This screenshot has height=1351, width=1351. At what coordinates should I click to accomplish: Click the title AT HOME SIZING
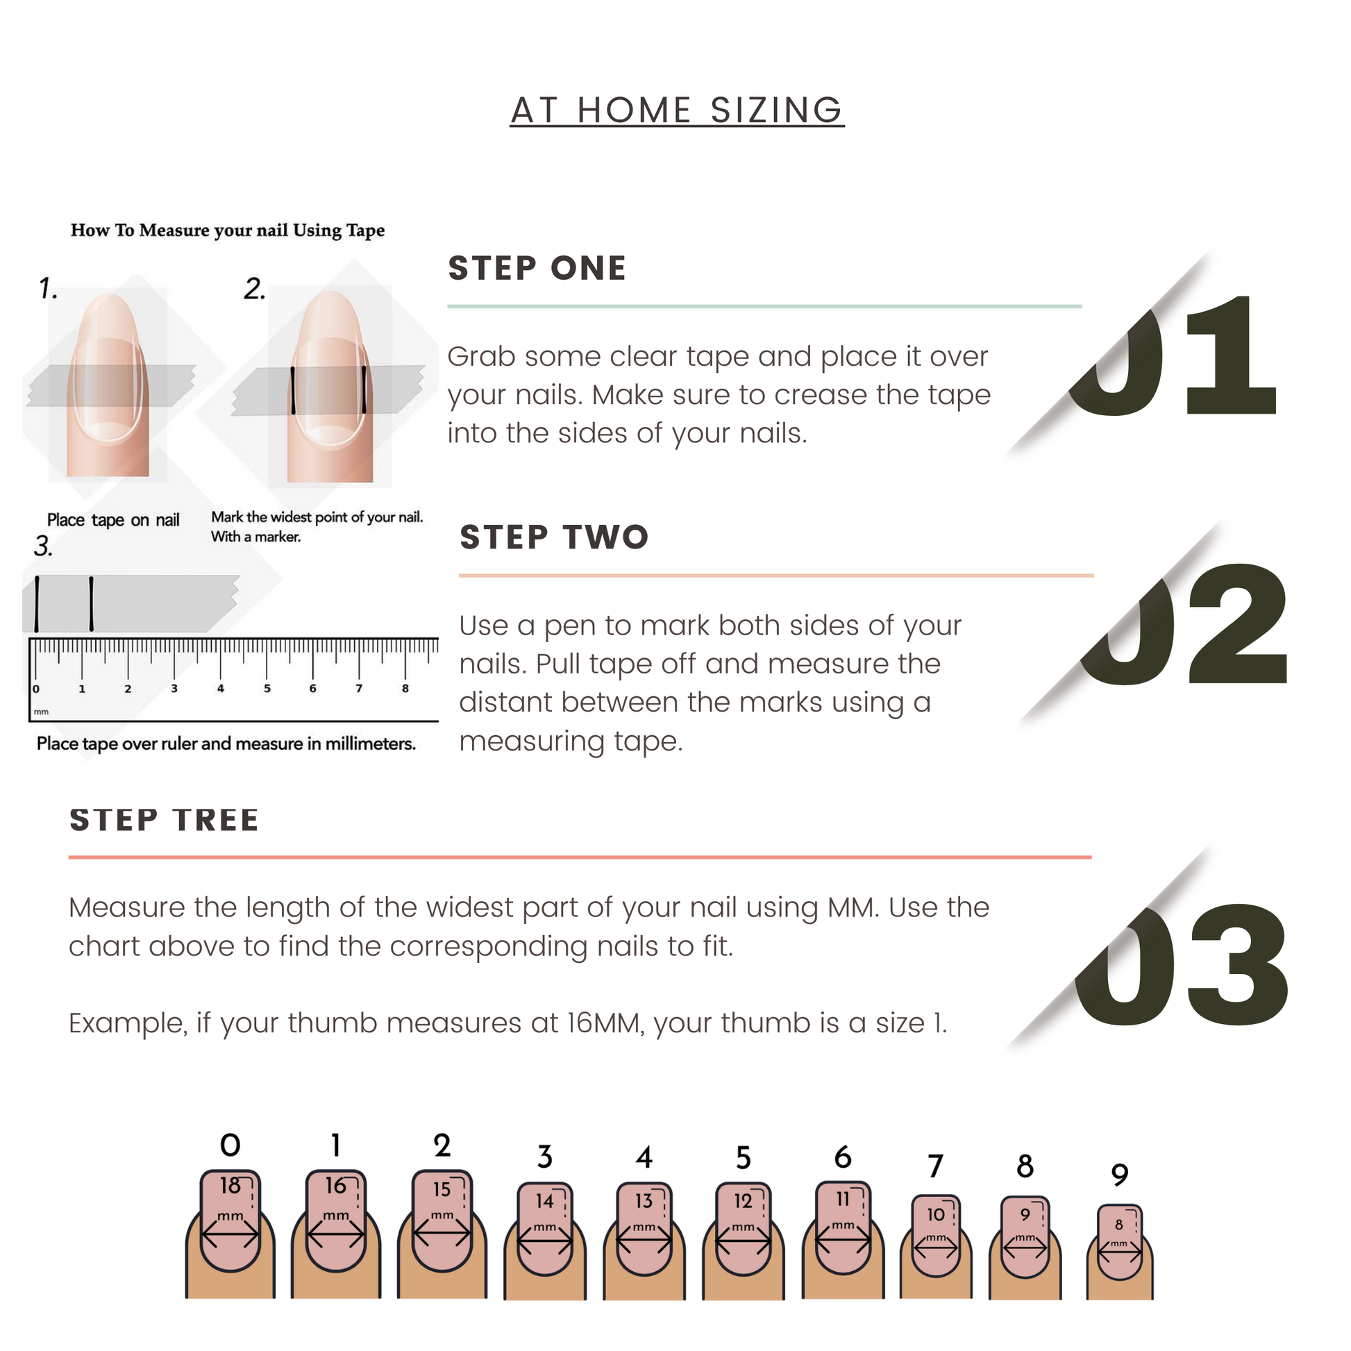click(677, 110)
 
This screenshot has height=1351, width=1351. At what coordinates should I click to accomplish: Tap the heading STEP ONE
click(537, 269)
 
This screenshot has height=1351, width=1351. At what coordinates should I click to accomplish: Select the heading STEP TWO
click(555, 537)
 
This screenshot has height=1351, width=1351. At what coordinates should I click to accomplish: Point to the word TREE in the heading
click(216, 819)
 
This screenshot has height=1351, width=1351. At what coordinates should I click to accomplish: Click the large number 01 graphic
click(1172, 355)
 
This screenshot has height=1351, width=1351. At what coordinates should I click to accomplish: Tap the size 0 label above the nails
click(230, 1146)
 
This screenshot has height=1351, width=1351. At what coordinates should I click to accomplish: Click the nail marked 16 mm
click(335, 1221)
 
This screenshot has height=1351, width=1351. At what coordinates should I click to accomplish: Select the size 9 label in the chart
click(1120, 1175)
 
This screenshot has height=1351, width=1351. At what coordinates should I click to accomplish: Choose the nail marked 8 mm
click(1120, 1242)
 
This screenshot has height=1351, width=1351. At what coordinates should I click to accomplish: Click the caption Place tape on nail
click(113, 520)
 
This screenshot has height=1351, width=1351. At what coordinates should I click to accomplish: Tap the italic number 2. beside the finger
click(255, 288)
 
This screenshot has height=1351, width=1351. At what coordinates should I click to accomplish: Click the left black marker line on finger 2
click(293, 390)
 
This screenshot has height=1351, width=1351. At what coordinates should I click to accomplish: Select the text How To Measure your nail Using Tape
click(227, 230)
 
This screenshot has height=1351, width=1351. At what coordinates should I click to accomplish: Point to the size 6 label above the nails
click(843, 1158)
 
